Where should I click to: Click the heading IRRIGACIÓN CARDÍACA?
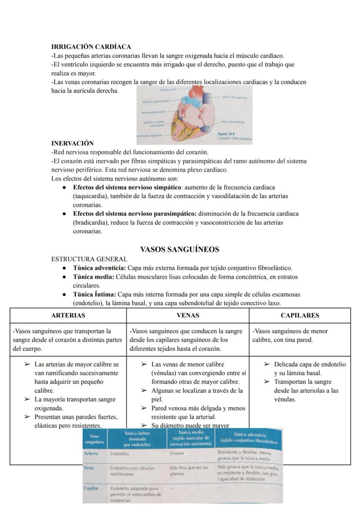pyautogui.click(x=91, y=46)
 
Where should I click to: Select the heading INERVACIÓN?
pyautogui.click(x=72, y=143)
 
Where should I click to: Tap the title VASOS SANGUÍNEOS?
pyautogui.click(x=180, y=249)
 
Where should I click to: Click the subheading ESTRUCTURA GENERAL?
pyautogui.click(x=89, y=259)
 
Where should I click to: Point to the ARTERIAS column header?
pyautogui.click(x=68, y=315)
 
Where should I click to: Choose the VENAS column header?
pyautogui.click(x=188, y=315)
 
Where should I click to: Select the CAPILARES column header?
pyautogui.click(x=300, y=315)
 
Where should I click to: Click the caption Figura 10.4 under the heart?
pyautogui.click(x=226, y=134)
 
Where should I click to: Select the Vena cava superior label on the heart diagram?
pyautogui.click(x=234, y=98)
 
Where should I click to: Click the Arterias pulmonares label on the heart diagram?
pyautogui.click(x=152, y=102)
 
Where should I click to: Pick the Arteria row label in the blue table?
pyautogui.click(x=91, y=453)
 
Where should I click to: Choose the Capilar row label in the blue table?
pyautogui.click(x=92, y=488)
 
